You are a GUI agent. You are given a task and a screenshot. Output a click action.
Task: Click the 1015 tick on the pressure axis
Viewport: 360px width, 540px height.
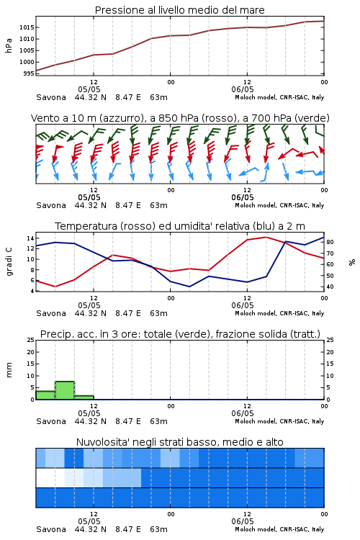click(27, 27)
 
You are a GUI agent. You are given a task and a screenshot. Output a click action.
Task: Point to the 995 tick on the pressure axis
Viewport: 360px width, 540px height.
click(29, 73)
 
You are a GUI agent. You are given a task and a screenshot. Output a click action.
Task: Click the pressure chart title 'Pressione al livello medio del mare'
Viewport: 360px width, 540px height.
click(180, 10)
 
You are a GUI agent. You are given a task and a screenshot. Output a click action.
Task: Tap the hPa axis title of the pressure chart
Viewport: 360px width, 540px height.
click(9, 45)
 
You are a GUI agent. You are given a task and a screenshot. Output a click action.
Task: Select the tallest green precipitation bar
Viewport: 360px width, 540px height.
click(65, 390)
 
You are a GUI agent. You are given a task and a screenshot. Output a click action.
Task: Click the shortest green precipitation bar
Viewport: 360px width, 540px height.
click(84, 397)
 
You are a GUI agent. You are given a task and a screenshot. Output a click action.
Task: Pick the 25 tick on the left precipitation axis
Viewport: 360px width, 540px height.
click(31, 340)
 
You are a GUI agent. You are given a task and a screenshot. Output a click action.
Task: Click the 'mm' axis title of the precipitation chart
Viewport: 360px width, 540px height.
click(9, 370)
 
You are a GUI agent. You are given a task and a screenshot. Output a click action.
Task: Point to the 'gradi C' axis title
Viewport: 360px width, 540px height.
click(9, 261)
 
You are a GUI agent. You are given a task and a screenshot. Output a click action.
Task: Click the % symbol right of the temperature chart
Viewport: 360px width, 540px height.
click(352, 262)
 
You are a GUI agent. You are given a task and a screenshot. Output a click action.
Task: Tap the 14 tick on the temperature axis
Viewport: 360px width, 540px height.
click(30, 238)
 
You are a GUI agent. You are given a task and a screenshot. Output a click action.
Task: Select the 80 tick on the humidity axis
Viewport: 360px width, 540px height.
click(330, 242)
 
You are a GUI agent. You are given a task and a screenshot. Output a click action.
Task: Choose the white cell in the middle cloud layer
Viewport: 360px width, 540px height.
click(50, 478)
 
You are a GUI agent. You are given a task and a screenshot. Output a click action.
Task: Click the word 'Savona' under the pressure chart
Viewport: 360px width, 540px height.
click(51, 97)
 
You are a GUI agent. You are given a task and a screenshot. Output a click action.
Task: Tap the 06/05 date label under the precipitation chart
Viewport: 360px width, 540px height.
click(243, 413)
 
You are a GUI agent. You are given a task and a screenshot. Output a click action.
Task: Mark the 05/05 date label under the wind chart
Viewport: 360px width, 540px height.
click(89, 197)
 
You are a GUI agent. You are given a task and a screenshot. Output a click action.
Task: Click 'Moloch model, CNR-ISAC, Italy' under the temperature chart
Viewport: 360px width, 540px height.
click(279, 313)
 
